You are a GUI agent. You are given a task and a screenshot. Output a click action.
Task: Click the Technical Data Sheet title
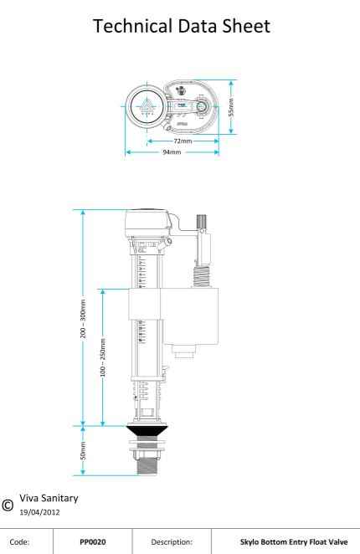click(180, 28)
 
